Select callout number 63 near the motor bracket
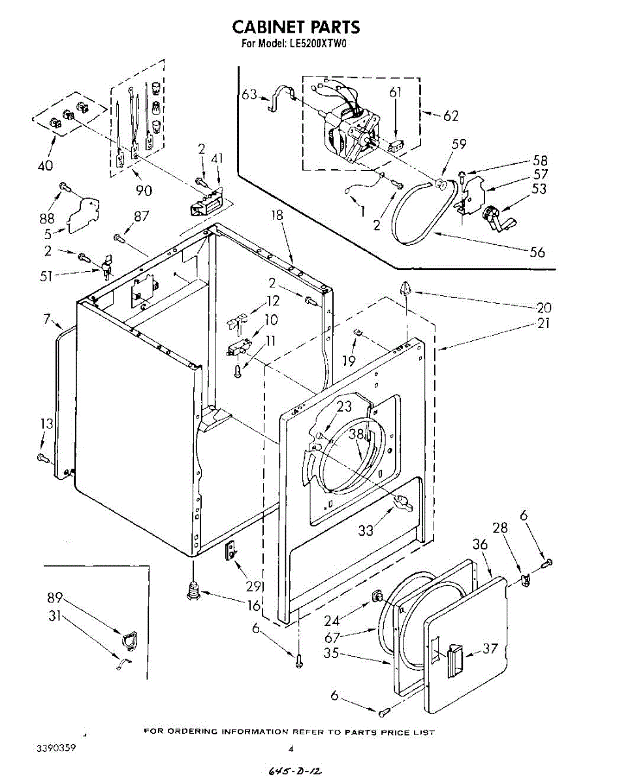point(249,94)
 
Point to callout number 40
point(45,165)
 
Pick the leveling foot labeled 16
point(193,589)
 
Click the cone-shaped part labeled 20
point(405,288)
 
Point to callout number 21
point(543,323)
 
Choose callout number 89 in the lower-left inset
point(55,597)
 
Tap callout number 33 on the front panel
point(366,530)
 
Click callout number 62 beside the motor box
point(451,116)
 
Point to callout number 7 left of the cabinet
point(47,319)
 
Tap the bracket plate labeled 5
point(82,212)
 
